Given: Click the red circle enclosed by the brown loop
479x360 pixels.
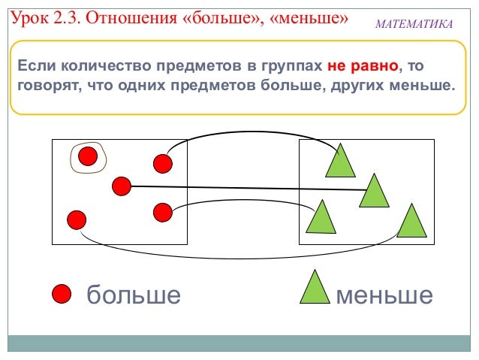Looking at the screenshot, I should coord(88,156).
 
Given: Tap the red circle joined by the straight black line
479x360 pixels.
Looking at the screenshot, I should coord(121,185).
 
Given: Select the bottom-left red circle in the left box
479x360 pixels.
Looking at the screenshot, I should coord(76,219).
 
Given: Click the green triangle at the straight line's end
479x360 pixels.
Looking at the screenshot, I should coord(374,190).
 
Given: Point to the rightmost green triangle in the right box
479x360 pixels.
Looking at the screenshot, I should coord(411,221).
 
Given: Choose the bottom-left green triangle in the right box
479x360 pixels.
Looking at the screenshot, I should coord(321,217).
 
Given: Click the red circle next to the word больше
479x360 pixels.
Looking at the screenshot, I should coord(61,294).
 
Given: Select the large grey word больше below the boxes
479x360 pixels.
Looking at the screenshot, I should coord(134,295).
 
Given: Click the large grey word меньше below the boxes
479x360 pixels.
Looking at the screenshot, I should coord(384,295).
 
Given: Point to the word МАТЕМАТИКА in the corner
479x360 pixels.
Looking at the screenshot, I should coord(414,26).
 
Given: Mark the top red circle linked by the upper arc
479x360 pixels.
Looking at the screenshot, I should coord(162,162).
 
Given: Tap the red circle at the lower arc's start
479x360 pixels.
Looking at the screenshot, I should coord(162,212).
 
